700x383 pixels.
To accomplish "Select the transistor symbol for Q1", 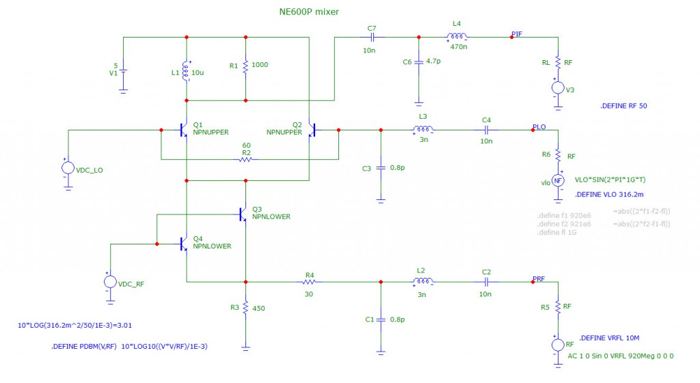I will (x=183, y=129).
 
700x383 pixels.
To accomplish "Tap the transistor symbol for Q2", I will (x=313, y=129).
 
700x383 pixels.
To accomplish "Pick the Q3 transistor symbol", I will (x=243, y=214).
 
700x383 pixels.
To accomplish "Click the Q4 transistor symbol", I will (x=183, y=243).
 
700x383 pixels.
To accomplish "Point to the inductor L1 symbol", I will (x=186, y=72).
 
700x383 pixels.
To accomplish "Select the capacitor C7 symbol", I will (x=372, y=37).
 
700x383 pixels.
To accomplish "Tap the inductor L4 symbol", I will (x=457, y=37).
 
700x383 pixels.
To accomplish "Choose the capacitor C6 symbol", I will (x=418, y=62).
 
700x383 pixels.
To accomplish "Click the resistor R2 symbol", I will (x=244, y=160).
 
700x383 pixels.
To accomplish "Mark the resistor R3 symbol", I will (x=245, y=307).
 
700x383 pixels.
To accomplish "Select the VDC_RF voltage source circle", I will (x=109, y=281).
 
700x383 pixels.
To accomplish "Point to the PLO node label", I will (x=539, y=127).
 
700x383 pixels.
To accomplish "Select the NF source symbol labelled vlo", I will (x=558, y=180).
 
